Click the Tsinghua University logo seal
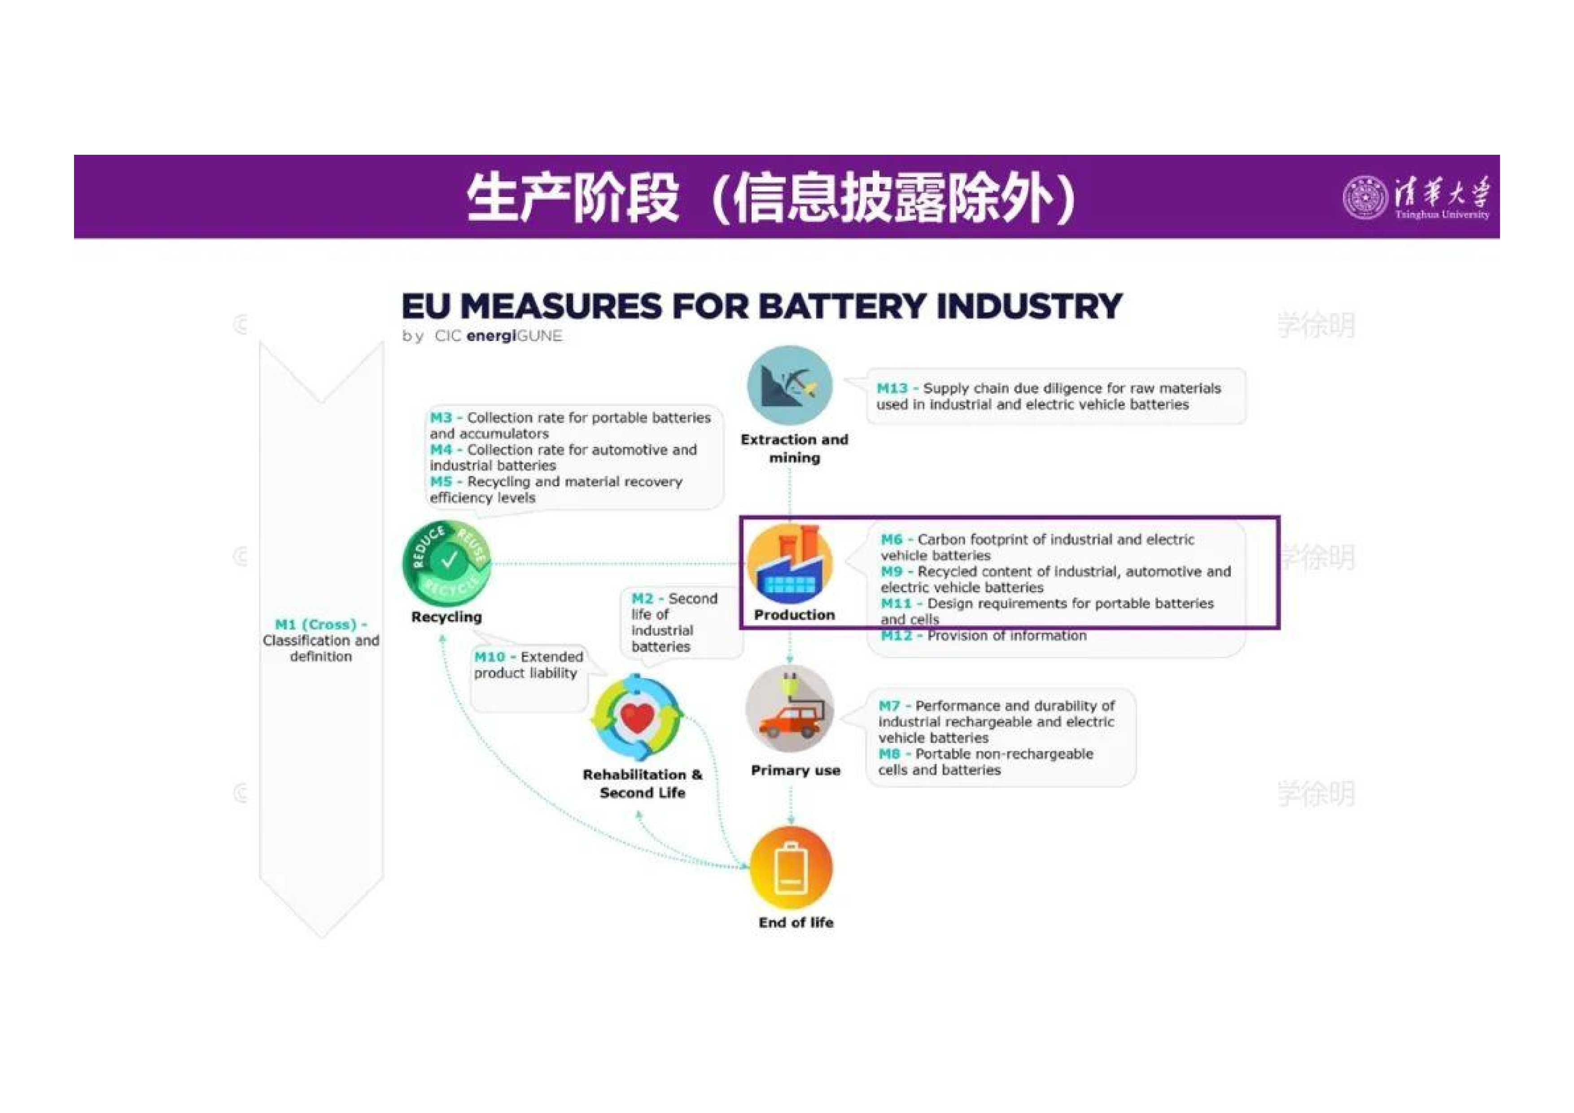point(1365,197)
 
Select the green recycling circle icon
point(447,563)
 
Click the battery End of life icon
point(791,868)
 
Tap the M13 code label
point(892,388)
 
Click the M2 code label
point(643,599)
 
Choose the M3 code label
point(441,417)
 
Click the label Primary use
point(795,770)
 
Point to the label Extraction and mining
point(795,448)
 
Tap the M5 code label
point(441,482)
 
